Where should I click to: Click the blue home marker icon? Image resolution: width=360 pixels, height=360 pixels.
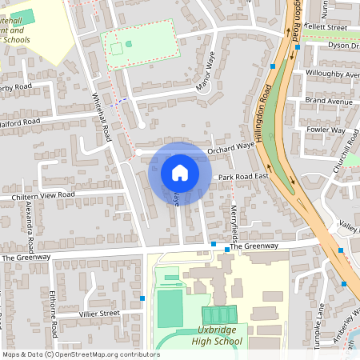(179, 172)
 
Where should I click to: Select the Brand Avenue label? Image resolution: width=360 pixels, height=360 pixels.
(328, 102)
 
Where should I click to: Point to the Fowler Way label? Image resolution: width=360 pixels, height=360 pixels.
(326, 130)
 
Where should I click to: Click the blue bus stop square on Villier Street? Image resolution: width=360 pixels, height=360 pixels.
(142, 298)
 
